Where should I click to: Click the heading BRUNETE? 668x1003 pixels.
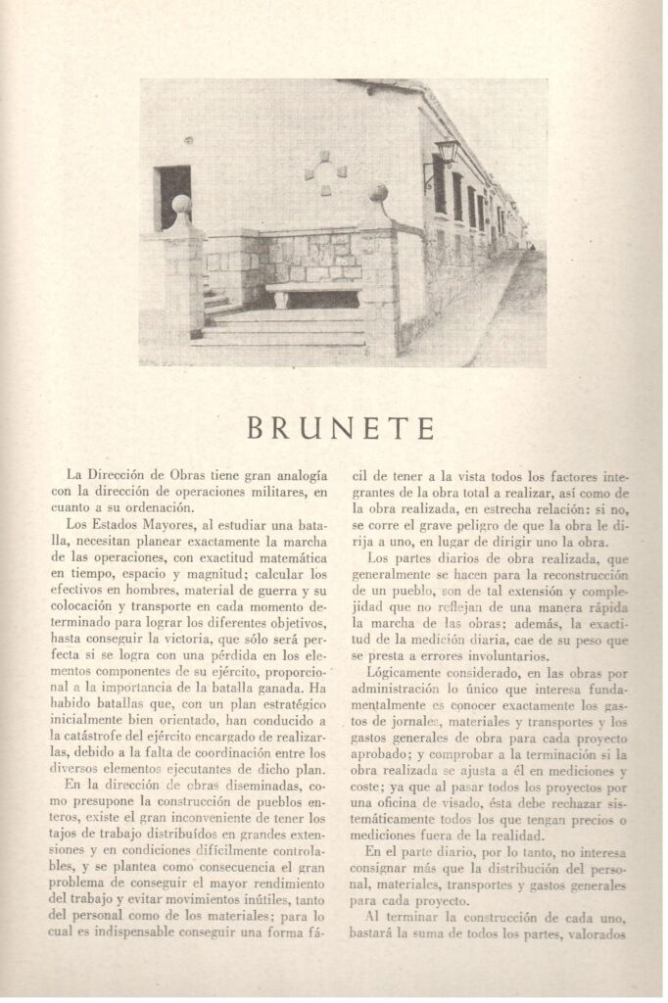[x=340, y=428]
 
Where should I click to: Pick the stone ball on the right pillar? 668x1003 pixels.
[x=378, y=193]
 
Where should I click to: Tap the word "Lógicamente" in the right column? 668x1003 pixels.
[x=409, y=674]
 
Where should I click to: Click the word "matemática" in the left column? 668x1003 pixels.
[x=277, y=557]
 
